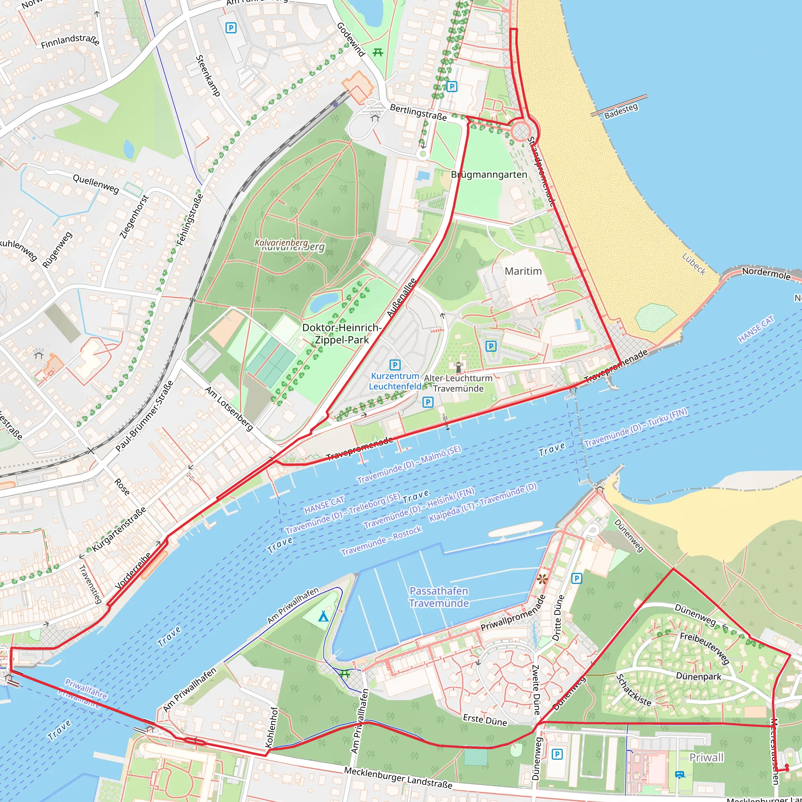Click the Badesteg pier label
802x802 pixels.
[x=621, y=111]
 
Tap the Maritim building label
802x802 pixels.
[x=523, y=271]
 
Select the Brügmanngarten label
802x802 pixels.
[x=489, y=174]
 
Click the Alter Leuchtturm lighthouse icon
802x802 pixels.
[x=459, y=367]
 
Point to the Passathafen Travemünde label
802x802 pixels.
[x=439, y=597]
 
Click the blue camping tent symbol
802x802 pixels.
[x=323, y=616]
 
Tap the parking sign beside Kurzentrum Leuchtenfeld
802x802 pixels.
[x=395, y=365]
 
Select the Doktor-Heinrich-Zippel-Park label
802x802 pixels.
[x=341, y=333]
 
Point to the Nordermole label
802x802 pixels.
[x=766, y=274]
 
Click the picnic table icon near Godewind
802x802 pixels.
[x=378, y=52]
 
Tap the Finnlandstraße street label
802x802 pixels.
[x=70, y=41]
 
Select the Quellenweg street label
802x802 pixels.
[x=96, y=184]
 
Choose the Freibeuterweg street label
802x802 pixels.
[x=704, y=648]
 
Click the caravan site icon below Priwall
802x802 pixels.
[x=679, y=774]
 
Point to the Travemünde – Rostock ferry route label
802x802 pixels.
[x=381, y=540]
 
